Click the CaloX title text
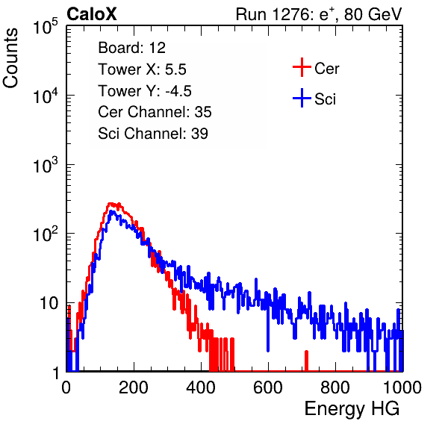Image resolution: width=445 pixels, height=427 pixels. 92,14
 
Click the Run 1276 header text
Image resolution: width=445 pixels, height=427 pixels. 319,14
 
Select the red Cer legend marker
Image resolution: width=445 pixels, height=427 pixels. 302,67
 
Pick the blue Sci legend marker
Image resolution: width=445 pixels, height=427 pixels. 302,98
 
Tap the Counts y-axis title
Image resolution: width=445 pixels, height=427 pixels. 10,58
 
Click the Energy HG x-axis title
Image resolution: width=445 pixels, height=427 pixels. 352,409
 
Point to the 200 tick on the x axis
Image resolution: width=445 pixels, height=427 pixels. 133,387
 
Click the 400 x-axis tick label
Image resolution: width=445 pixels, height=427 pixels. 201,387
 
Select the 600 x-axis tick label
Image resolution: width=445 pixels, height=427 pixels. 268,387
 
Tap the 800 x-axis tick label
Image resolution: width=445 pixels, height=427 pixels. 335,387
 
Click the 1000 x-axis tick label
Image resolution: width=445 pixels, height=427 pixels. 402,387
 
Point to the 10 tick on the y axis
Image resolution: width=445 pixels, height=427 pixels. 49,304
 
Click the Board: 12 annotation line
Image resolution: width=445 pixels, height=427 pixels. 131,48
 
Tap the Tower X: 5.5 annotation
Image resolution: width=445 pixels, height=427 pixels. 142,69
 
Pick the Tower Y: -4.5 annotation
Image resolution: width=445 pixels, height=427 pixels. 145,91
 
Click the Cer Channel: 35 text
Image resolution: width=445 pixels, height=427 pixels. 155,112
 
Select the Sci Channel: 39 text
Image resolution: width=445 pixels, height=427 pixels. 153,134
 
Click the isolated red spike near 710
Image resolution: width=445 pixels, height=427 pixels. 306,361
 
